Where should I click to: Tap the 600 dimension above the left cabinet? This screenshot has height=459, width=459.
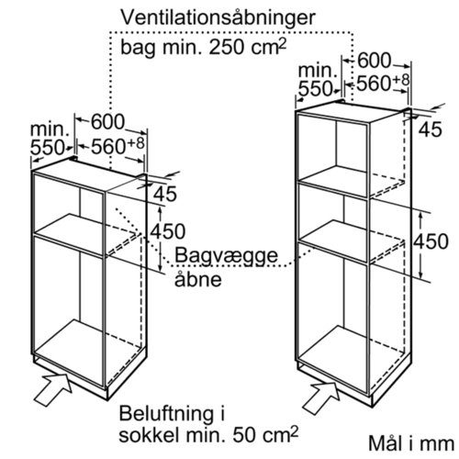(108, 122)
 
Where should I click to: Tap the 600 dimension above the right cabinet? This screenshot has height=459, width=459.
(375, 61)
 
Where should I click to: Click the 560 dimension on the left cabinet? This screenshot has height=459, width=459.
(108, 146)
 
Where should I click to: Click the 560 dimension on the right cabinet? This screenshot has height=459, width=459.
(374, 84)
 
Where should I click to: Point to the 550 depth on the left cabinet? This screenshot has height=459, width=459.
(47, 148)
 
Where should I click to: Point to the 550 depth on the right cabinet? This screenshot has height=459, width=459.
(315, 89)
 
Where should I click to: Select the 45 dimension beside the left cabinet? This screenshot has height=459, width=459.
(165, 194)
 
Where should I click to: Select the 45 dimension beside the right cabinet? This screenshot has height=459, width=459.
(431, 129)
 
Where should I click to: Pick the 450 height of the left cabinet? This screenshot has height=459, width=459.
(168, 231)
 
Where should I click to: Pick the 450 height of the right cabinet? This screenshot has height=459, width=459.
(431, 241)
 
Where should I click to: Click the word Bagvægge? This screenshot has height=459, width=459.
(226, 256)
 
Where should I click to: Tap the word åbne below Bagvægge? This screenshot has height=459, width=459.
(198, 278)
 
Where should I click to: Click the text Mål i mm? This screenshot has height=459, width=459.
(411, 443)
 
